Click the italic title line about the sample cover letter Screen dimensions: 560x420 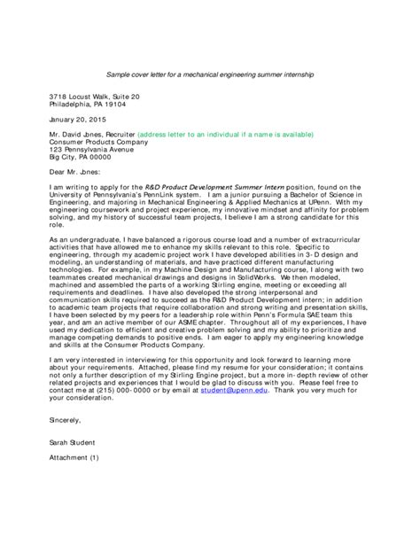pos(210,74)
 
